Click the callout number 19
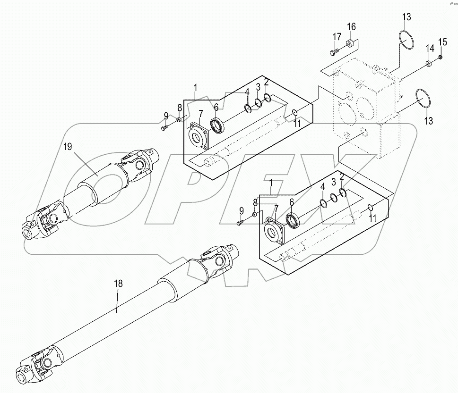[x=68, y=146]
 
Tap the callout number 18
[x=118, y=284]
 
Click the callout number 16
[x=351, y=27]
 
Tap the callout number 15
[x=443, y=42]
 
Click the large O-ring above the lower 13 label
[x=423, y=98]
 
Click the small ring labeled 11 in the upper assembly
[x=295, y=113]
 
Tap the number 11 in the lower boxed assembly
[x=372, y=218]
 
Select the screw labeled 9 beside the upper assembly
[x=164, y=128]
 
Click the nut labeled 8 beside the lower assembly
[x=254, y=215]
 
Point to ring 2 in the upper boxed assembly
[x=268, y=98]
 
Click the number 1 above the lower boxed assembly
[x=271, y=183]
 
